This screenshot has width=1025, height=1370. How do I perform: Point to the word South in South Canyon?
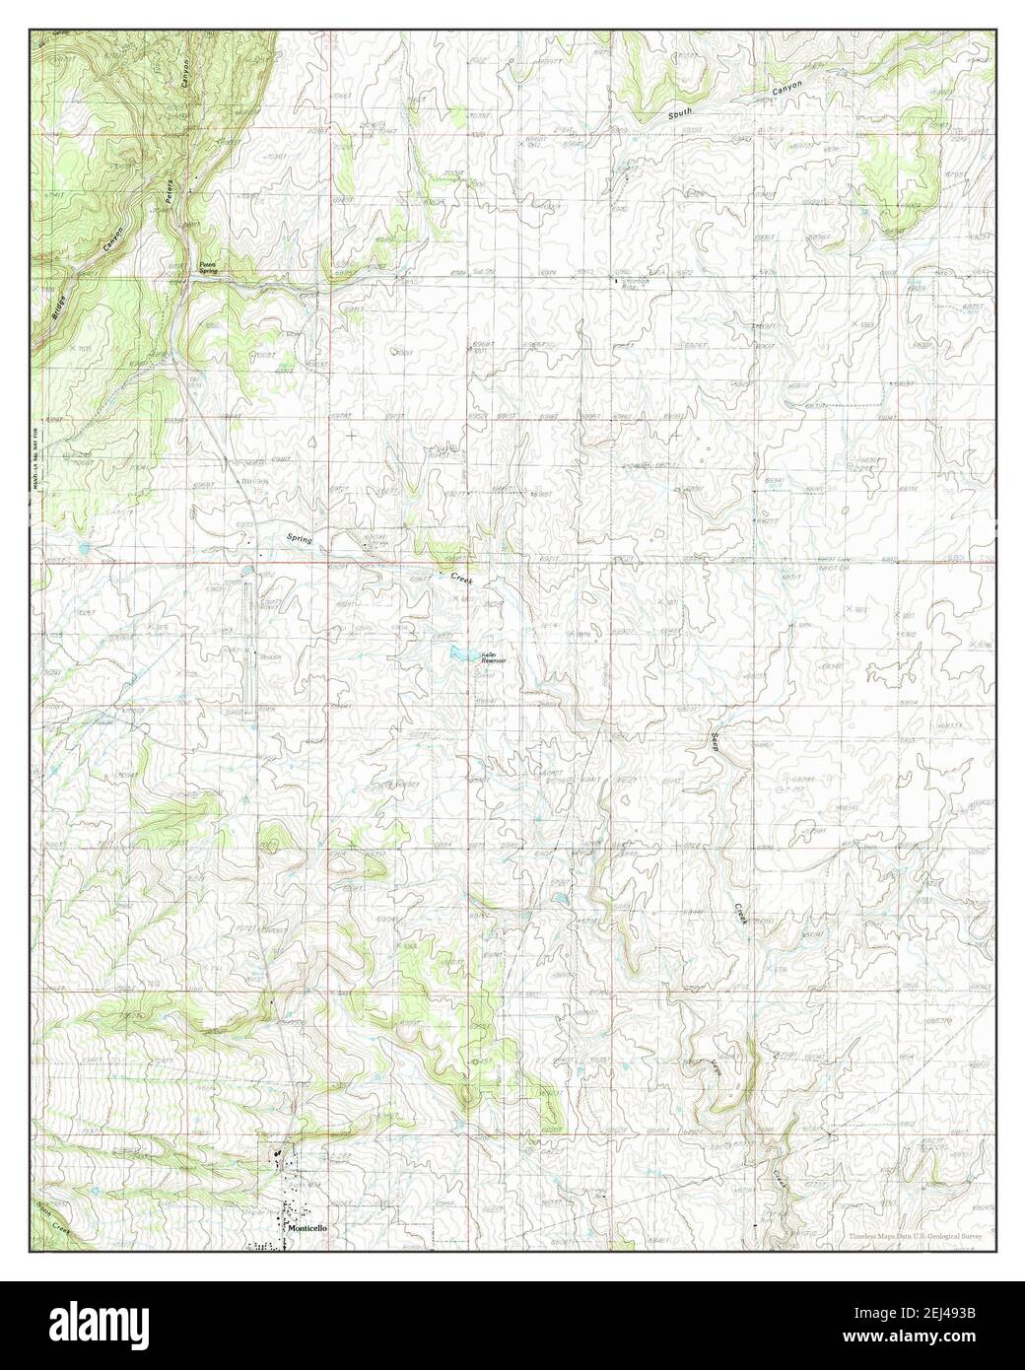[x=680, y=114]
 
